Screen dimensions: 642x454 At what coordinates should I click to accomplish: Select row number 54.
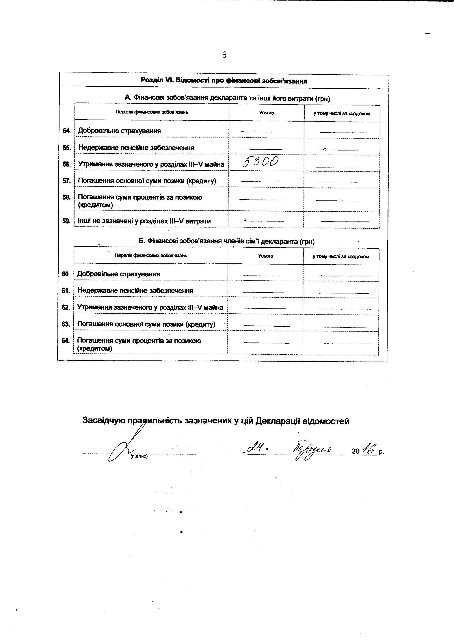[x=66, y=131]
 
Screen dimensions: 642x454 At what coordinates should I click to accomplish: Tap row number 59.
[x=66, y=221]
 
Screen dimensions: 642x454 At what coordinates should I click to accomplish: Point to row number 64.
[x=65, y=340]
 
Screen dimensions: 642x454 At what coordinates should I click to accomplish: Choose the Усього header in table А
[x=266, y=113]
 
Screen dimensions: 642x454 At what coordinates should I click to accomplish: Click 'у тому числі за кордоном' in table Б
[x=341, y=256]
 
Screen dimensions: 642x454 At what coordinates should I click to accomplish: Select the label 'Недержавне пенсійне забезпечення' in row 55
[x=136, y=147]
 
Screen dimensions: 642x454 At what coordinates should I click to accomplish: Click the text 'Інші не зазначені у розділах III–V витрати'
[x=144, y=221]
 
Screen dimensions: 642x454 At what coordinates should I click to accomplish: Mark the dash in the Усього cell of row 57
[x=260, y=181]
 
